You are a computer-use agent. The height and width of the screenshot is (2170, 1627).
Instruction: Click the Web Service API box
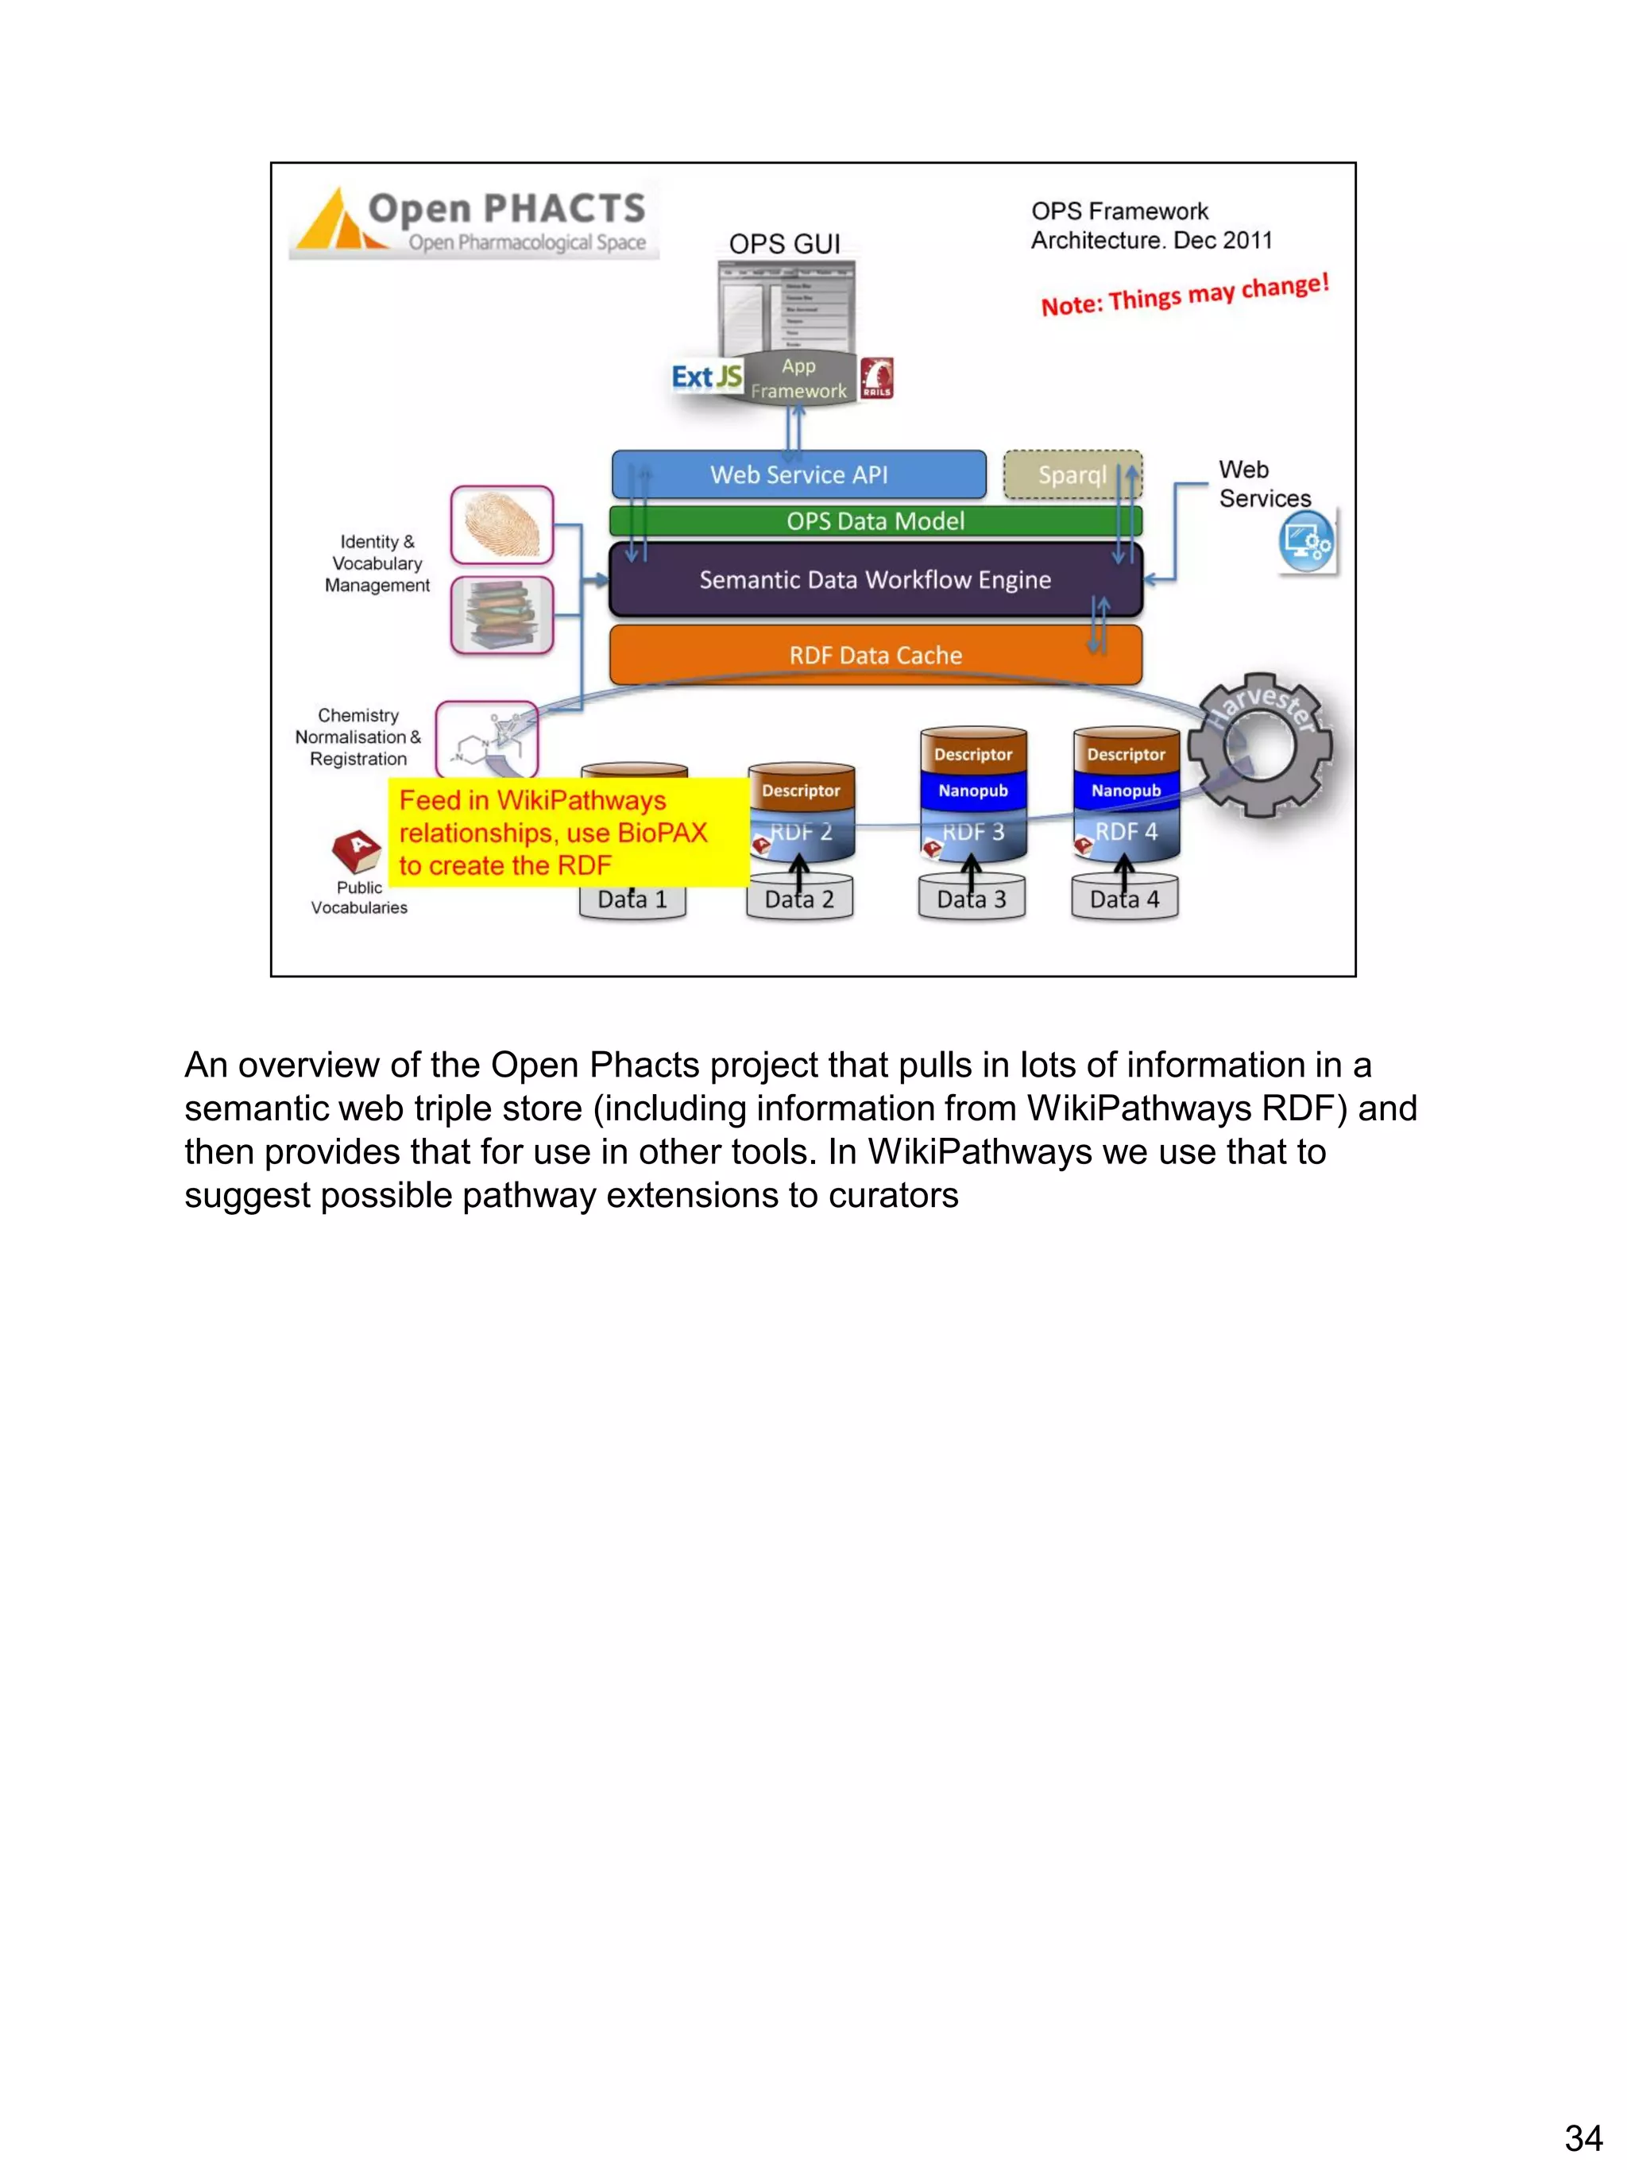point(798,475)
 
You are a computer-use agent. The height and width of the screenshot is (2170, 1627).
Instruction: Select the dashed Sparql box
point(1072,475)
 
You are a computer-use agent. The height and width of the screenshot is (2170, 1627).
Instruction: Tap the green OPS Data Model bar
point(875,521)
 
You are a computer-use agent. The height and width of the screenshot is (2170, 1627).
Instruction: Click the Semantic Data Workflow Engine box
point(875,580)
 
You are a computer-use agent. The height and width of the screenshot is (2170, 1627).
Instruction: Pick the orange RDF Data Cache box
point(875,654)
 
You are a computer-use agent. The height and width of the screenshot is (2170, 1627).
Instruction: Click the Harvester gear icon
point(1259,745)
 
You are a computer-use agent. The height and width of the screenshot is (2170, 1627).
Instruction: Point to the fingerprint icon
point(502,525)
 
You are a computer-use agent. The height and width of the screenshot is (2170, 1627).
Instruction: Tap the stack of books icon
point(502,615)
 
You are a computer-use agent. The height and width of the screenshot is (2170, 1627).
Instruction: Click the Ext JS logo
point(706,377)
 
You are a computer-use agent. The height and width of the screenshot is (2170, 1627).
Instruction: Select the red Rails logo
point(875,377)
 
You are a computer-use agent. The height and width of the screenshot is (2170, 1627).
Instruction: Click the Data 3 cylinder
point(971,899)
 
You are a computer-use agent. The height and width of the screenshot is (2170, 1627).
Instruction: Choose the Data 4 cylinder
point(1125,899)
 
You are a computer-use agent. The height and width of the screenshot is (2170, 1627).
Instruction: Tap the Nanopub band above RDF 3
point(973,791)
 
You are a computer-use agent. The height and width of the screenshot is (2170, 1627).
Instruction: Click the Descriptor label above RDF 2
point(800,791)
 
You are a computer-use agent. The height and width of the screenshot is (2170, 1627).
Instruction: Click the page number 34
point(1583,2137)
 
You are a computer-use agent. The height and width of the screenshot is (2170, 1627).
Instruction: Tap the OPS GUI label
point(785,243)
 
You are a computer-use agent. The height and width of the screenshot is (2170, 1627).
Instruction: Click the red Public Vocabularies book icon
point(357,850)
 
